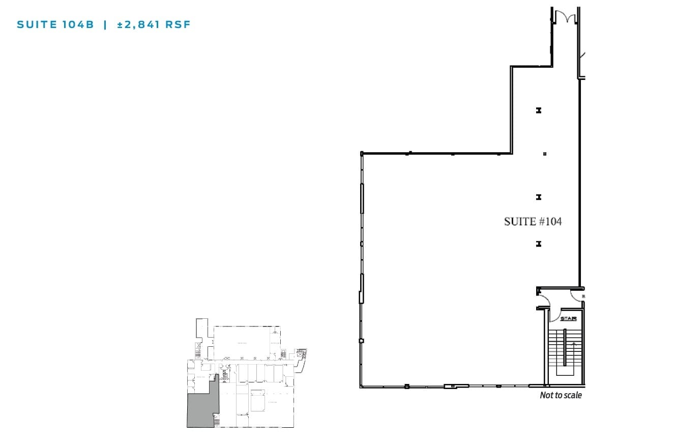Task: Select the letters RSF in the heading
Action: (178, 24)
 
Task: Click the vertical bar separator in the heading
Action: (105, 24)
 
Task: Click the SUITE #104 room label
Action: (533, 222)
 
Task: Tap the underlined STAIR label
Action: (568, 319)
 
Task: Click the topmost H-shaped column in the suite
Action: (538, 110)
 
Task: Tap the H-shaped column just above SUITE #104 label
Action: (538, 197)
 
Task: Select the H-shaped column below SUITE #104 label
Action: (538, 244)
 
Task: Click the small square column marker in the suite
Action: (545, 154)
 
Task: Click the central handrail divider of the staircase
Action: (565, 351)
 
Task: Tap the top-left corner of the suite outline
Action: (362, 153)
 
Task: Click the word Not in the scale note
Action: (546, 395)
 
